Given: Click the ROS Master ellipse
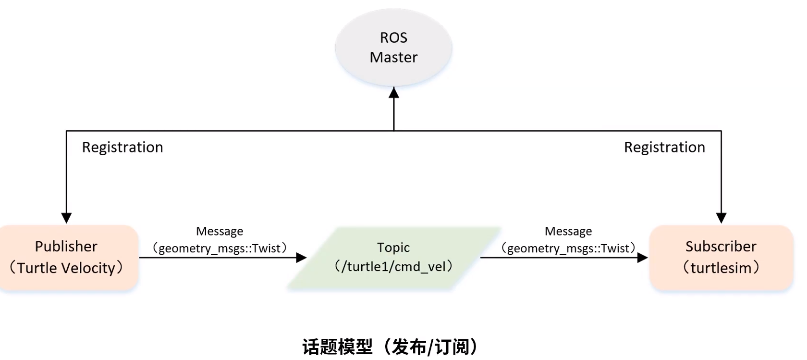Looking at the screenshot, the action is click(393, 48).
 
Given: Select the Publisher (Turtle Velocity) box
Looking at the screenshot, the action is click(68, 257).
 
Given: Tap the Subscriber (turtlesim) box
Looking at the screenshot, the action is click(721, 257).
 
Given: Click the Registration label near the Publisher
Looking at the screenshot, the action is click(122, 148).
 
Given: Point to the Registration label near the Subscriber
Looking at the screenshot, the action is click(664, 148).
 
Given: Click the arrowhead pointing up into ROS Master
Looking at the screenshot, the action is click(394, 93).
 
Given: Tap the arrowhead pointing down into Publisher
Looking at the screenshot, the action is click(66, 218).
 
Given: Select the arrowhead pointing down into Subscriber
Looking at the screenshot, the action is click(721, 218).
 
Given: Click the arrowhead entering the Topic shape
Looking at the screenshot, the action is click(301, 257).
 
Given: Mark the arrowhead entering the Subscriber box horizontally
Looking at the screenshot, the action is click(642, 257).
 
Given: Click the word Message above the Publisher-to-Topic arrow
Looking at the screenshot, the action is click(220, 231).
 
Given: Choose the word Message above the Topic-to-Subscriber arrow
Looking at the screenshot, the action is click(568, 231).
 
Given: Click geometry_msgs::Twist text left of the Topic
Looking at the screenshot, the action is click(220, 248).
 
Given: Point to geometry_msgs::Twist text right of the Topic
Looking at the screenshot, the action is click(568, 248).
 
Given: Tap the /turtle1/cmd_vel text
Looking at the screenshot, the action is click(393, 267).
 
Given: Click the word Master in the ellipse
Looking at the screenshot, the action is click(393, 57).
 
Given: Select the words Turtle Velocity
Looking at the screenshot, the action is click(66, 268).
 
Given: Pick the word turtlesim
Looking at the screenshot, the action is click(721, 268).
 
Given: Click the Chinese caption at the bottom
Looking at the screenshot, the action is click(390, 347).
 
